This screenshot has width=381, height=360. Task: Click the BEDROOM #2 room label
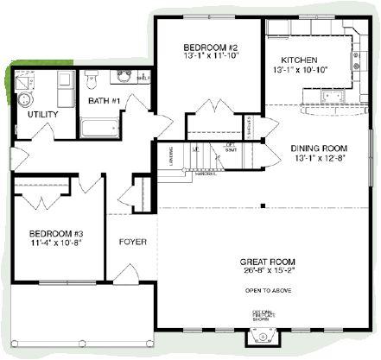(x=204, y=47)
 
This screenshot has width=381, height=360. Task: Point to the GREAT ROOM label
(x=264, y=261)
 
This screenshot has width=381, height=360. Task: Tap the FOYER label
(x=132, y=241)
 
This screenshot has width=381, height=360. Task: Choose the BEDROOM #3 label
(x=55, y=234)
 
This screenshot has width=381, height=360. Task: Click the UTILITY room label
(x=43, y=114)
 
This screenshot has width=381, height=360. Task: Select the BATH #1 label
(x=104, y=101)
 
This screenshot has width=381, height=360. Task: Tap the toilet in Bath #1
(x=92, y=80)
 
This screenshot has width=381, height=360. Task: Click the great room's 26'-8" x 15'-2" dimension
(x=265, y=270)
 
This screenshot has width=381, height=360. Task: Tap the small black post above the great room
(x=264, y=205)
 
